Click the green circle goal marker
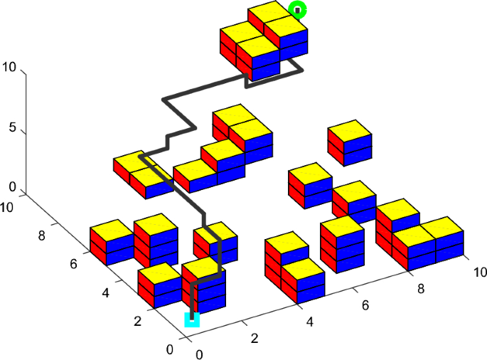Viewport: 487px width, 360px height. [x=299, y=10]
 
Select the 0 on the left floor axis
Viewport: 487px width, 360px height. [x=168, y=349]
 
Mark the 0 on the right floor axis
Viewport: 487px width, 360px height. [x=200, y=354]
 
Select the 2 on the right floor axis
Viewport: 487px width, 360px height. [x=255, y=338]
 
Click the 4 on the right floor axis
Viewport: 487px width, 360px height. [x=310, y=322]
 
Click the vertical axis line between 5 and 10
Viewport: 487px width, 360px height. [x=26, y=100]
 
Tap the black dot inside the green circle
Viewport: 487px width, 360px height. [x=299, y=10]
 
